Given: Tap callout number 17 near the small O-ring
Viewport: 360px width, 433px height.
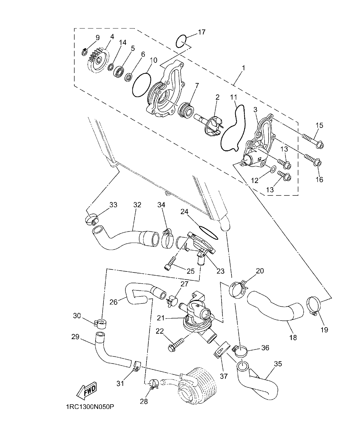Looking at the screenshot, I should (201, 32).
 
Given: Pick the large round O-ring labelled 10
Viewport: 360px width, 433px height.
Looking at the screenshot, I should (141, 85).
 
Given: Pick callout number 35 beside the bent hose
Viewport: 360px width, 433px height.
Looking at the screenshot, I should (278, 364).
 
